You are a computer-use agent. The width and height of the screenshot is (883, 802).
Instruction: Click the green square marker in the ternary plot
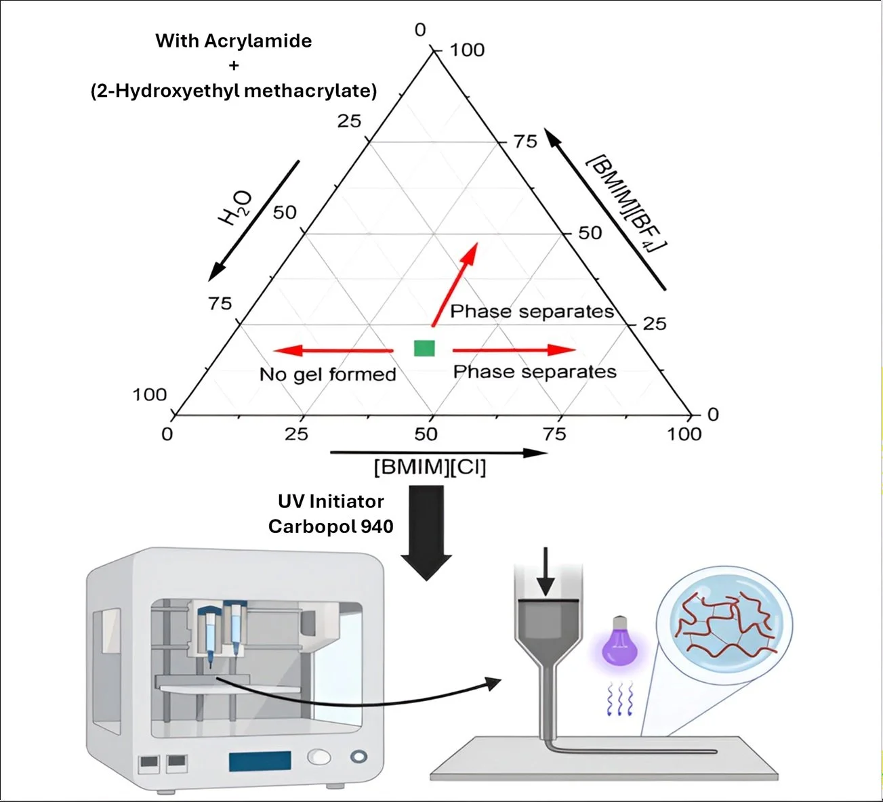424,348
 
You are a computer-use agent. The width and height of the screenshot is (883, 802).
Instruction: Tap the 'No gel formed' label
328,375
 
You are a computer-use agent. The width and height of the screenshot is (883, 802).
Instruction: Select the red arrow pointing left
333,350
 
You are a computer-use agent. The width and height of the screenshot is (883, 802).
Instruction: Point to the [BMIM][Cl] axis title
430,467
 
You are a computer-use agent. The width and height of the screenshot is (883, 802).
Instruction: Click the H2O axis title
235,208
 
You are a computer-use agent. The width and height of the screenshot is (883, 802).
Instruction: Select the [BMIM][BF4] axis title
627,205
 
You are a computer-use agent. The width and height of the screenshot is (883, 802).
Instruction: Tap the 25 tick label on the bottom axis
296,434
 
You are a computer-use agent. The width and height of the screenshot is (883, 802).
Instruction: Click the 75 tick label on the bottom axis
554,434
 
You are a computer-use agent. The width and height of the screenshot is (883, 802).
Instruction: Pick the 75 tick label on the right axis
526,142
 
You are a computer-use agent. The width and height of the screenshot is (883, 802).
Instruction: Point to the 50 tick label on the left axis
285,213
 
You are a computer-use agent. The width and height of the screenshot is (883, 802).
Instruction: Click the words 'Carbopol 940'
331,526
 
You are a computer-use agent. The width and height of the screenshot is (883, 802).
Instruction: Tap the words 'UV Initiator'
331,501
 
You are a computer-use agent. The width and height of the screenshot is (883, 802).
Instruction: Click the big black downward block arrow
426,532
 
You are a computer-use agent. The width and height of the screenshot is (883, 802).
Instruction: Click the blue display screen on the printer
260,761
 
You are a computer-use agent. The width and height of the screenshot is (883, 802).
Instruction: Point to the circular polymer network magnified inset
724,624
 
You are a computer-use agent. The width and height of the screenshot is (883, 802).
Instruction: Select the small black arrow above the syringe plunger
546,572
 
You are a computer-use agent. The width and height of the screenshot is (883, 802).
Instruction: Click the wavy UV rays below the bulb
620,699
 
